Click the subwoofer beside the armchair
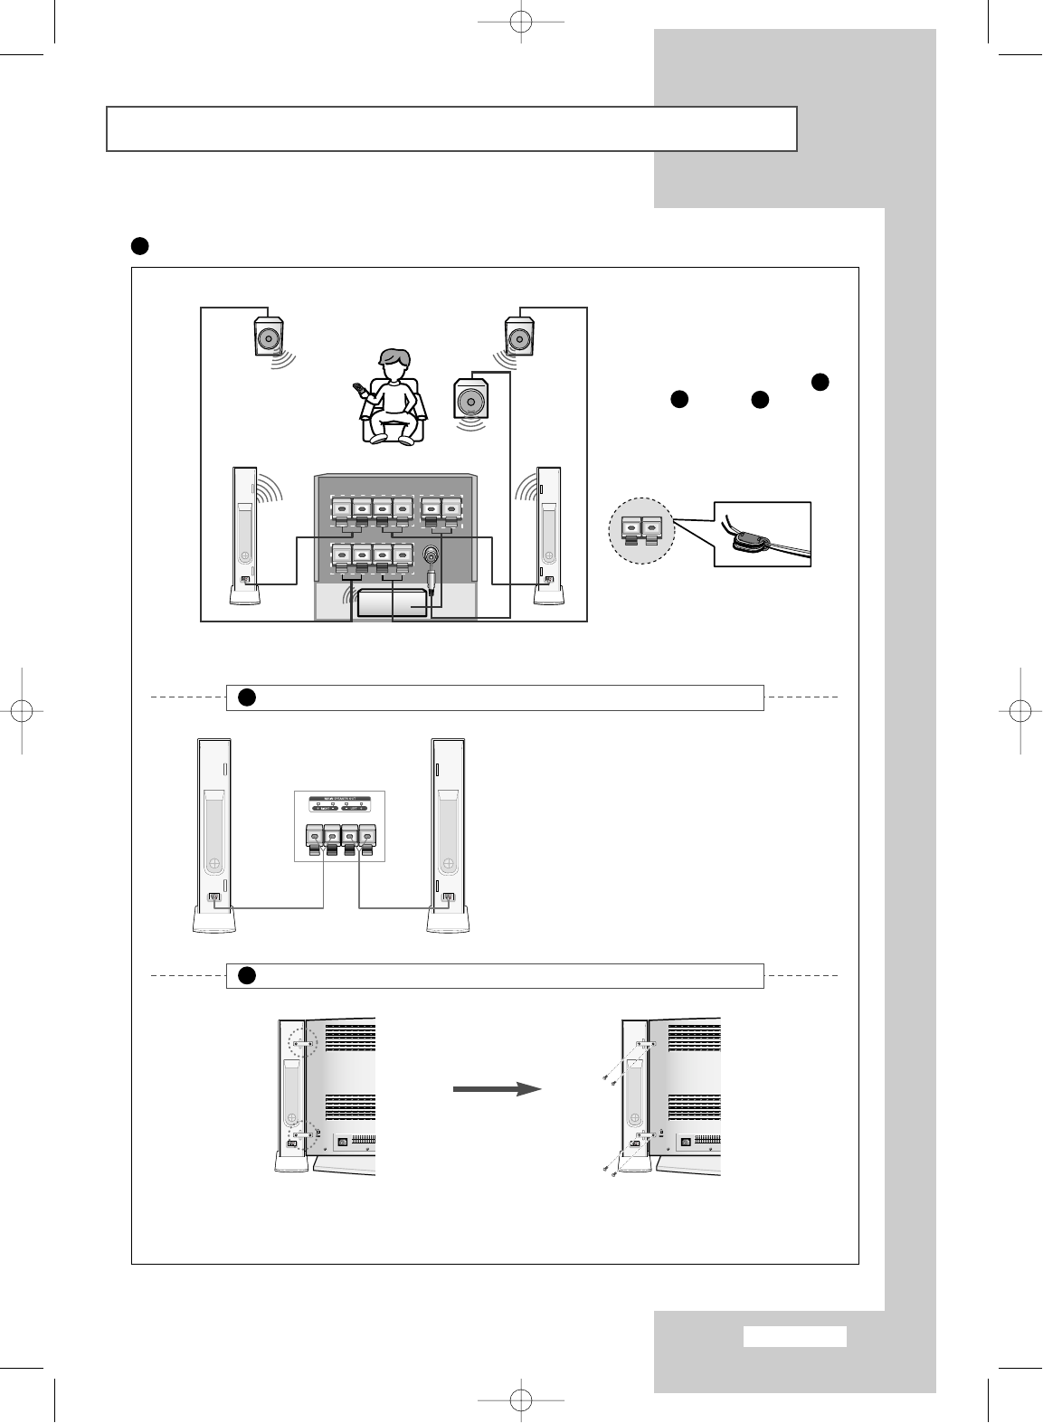(x=469, y=400)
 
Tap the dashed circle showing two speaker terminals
(x=640, y=530)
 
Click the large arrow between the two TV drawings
(x=497, y=1089)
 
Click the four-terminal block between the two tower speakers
(x=340, y=838)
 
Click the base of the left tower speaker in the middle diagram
(x=215, y=921)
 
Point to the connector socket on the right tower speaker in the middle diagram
(x=446, y=898)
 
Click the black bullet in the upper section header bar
(x=247, y=697)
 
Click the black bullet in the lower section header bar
(x=247, y=975)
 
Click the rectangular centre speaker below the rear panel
(x=392, y=603)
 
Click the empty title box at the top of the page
(x=451, y=128)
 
